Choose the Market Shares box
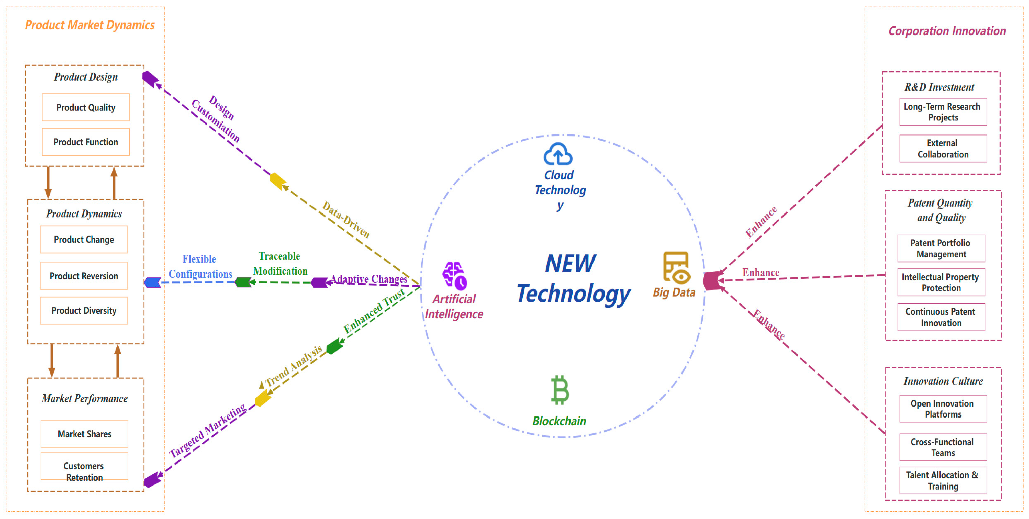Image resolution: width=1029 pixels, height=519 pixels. point(84,434)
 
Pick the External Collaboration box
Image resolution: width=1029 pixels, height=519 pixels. point(943,149)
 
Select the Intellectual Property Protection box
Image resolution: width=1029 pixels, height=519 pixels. point(941,282)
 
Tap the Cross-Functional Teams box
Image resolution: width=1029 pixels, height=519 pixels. point(943,447)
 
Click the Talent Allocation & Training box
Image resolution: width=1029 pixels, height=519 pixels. point(943,480)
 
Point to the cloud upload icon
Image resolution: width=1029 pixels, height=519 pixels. point(558,154)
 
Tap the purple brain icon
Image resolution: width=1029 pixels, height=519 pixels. point(455,275)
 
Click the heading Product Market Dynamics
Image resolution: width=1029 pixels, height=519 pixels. point(90,25)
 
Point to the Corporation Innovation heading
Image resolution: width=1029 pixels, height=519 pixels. point(947,31)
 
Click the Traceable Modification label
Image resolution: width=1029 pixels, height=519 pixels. point(280,264)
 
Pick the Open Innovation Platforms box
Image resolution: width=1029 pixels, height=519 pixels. point(943,409)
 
